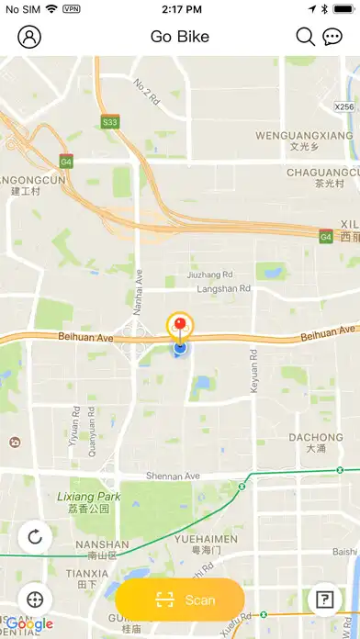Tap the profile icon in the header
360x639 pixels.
click(30, 37)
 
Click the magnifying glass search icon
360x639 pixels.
click(306, 37)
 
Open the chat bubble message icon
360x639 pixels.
click(332, 37)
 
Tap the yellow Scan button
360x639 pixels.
click(180, 600)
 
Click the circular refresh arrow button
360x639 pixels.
click(35, 537)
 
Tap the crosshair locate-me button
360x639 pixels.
click(35, 600)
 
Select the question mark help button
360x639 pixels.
click(324, 600)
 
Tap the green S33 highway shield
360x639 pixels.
click(110, 121)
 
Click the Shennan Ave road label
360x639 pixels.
click(173, 476)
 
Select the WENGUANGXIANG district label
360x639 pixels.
click(304, 136)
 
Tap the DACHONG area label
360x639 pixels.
click(315, 437)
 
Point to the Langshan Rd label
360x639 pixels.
click(224, 288)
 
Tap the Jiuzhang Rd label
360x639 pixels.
click(210, 274)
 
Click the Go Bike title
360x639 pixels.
click(180, 37)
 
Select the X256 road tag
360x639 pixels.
click(344, 106)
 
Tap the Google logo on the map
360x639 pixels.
click(28, 625)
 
